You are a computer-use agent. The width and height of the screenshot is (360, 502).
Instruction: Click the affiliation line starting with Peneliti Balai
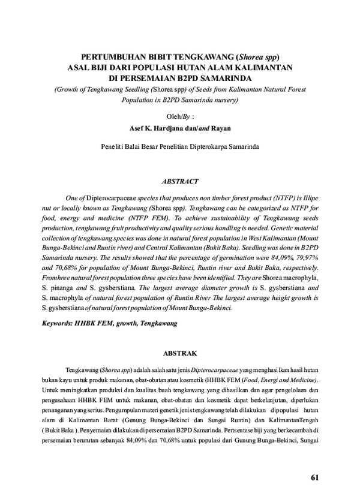[x=180, y=146]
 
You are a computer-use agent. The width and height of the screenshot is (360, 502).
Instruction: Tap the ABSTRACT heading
[x=180, y=181]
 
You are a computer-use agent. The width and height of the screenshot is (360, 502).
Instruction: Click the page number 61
[x=316, y=477]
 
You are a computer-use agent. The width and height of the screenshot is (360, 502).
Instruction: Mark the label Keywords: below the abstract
[x=60, y=323]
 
